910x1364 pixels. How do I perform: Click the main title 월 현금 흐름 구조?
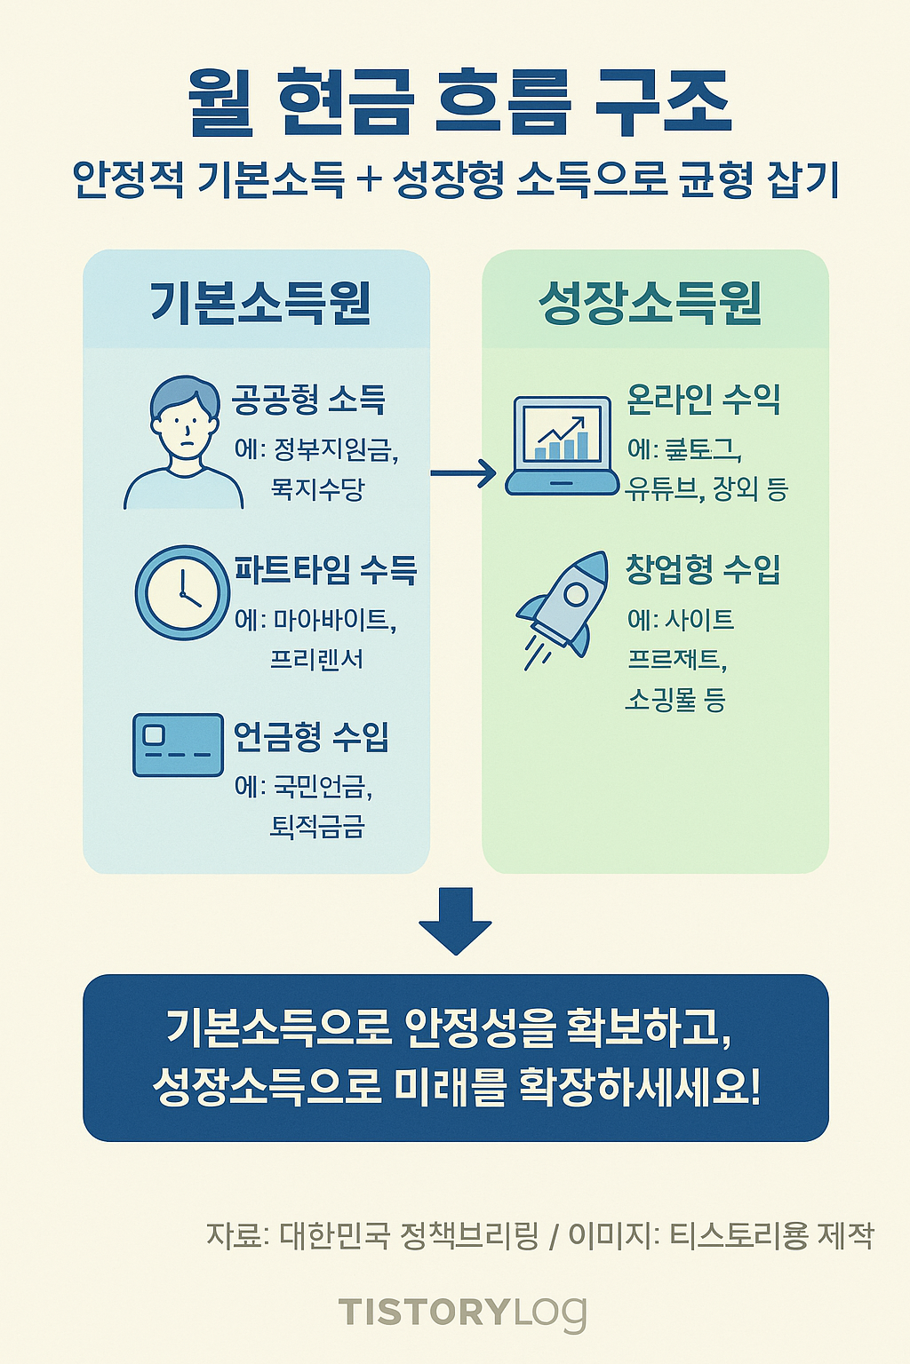coord(459,104)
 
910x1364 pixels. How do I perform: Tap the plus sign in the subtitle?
coord(368,181)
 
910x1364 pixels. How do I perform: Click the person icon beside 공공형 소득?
coord(184,442)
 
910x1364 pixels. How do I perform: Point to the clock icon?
coord(182,592)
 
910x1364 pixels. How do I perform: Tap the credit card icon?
coord(178,744)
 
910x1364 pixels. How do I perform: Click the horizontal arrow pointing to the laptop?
coord(463,472)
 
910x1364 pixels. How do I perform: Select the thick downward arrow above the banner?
coord(455,920)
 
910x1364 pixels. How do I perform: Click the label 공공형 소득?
coord(308,400)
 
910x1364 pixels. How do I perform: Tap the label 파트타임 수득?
coord(325,569)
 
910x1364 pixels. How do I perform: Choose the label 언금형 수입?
coord(311,736)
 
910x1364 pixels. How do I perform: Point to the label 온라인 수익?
coord(703,400)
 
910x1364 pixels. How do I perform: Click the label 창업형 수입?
coord(703,568)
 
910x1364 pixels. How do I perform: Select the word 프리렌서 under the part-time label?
coord(316,659)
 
